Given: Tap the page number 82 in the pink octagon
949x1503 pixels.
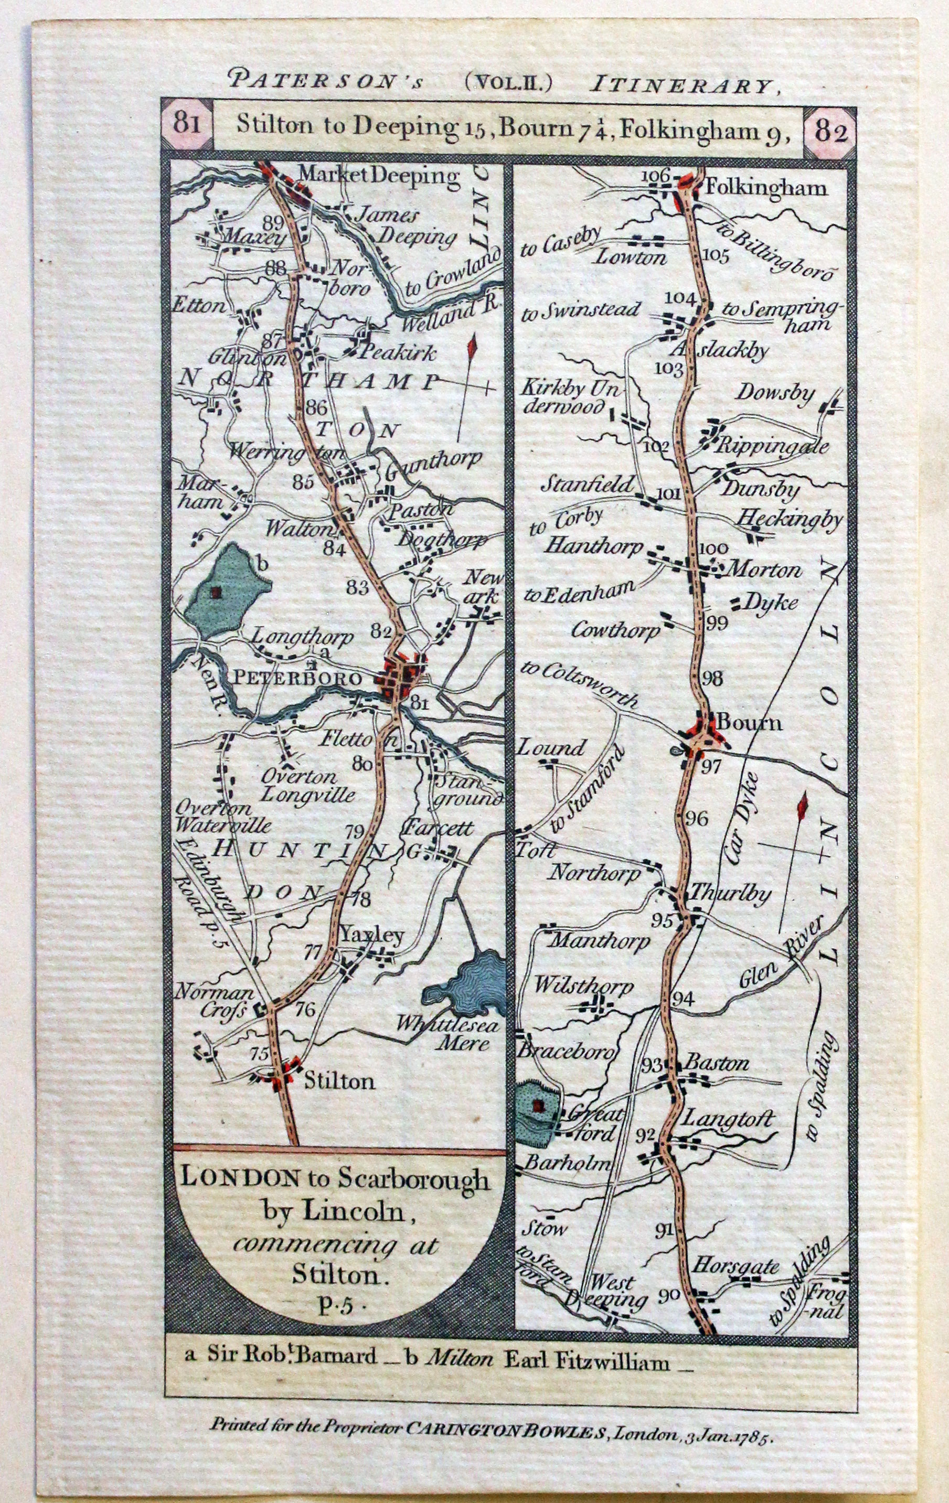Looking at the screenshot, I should pos(830,132).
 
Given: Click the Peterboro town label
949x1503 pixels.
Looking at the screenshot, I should pos(306,679).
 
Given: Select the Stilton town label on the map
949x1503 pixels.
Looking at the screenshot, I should pos(339,1080).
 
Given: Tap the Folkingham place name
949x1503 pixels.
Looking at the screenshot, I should pos(765,188).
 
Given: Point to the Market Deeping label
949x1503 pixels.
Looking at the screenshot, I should pos(379,175).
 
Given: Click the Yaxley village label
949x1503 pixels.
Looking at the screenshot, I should pos(373,935).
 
